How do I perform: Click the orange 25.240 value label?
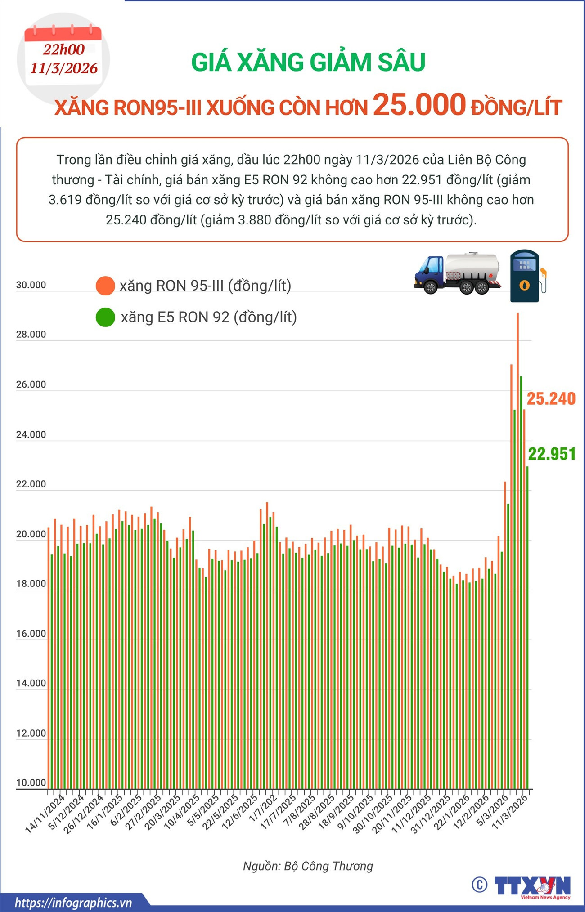pyautogui.click(x=551, y=399)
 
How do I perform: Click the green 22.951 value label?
pyautogui.click(x=552, y=454)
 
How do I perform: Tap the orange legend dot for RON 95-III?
pyautogui.click(x=105, y=286)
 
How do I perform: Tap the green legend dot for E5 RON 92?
pyautogui.click(x=105, y=317)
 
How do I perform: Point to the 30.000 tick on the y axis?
pyautogui.click(x=31, y=285)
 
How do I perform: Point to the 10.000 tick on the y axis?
pyautogui.click(x=31, y=782)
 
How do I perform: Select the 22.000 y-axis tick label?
pyautogui.click(x=31, y=484)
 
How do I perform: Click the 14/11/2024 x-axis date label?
pyautogui.click(x=45, y=814)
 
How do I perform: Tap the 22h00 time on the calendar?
pyautogui.click(x=64, y=49)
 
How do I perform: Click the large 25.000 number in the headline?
pyautogui.click(x=419, y=104)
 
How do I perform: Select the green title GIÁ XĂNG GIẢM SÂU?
pyautogui.click(x=308, y=63)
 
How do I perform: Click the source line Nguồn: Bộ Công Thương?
pyautogui.click(x=308, y=866)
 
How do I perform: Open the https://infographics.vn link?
pyautogui.click(x=73, y=903)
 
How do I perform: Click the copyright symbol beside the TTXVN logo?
pyautogui.click(x=480, y=885)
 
